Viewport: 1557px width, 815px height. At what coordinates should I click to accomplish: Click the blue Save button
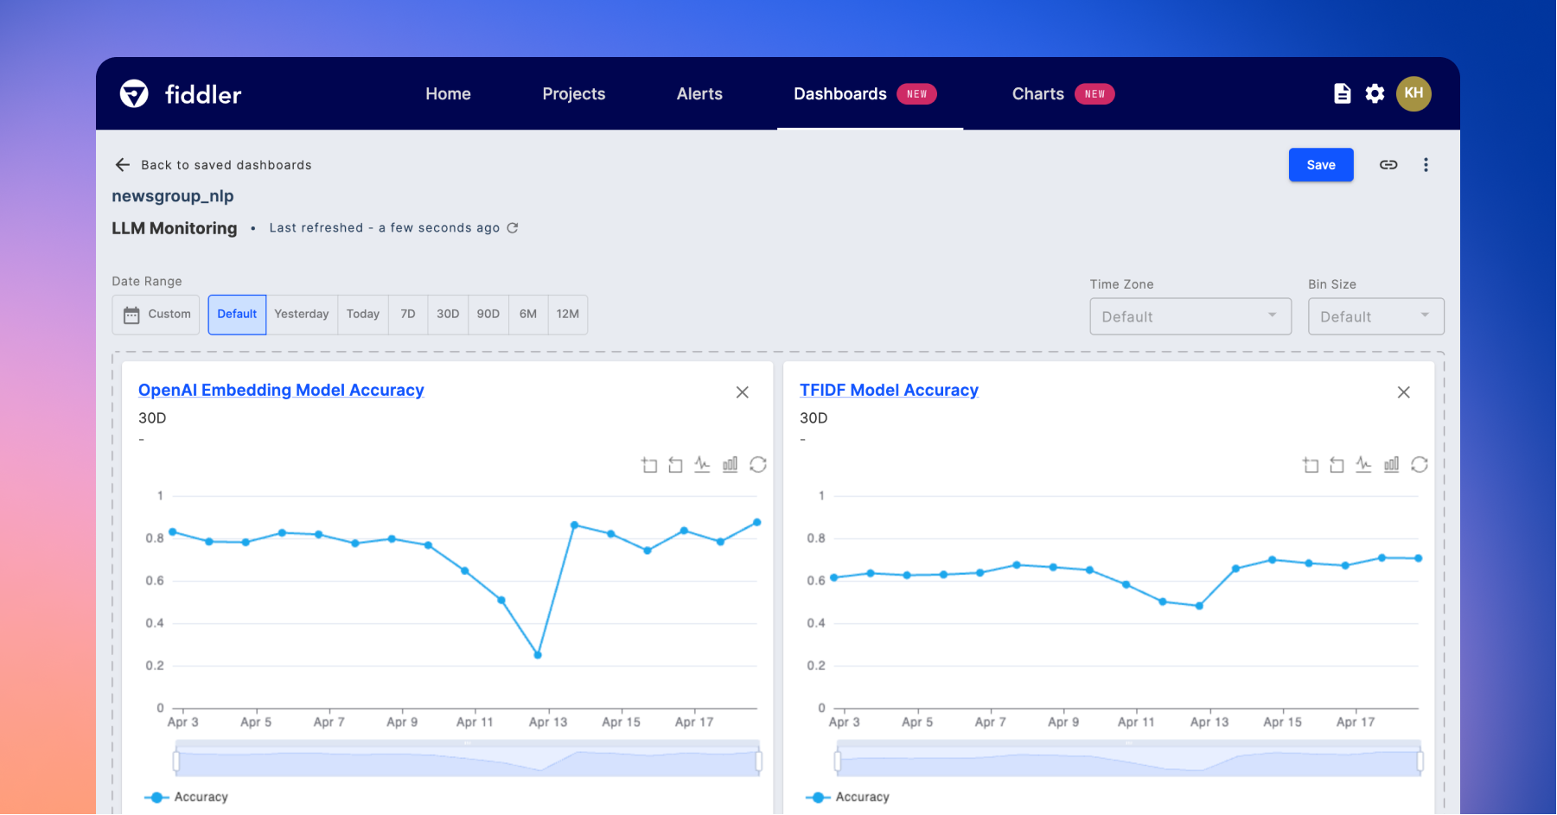[x=1320, y=165]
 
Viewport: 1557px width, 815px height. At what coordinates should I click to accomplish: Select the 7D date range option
[x=408, y=315]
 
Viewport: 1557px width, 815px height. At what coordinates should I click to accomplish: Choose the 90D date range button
[x=488, y=315]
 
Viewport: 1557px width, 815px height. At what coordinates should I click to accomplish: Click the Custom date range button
[x=156, y=315]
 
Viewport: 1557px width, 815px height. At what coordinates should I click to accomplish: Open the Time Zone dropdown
[x=1190, y=317]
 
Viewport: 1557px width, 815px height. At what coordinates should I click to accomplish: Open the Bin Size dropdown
[x=1375, y=317]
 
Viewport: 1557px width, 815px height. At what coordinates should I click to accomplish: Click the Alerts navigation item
[x=699, y=94]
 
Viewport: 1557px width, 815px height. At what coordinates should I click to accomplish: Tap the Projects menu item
[x=573, y=94]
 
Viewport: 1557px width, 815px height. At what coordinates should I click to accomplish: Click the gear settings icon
[x=1375, y=94]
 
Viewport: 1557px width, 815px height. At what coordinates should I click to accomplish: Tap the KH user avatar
[x=1413, y=93]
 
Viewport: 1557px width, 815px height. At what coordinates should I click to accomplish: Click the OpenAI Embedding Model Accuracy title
[x=281, y=391]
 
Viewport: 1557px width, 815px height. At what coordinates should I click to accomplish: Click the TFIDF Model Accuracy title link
[x=889, y=391]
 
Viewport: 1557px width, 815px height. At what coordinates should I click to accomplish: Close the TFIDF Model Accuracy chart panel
[x=1403, y=392]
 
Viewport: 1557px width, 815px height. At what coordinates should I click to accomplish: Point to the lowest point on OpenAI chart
[x=538, y=655]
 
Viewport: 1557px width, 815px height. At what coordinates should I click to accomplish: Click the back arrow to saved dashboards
[x=123, y=165]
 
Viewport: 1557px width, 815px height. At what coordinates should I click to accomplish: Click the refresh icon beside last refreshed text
[x=513, y=228]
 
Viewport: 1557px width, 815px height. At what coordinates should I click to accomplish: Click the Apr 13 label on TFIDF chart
[x=1209, y=723]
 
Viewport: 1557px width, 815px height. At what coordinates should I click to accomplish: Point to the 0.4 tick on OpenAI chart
[x=155, y=623]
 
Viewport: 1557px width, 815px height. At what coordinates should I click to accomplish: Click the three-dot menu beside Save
[x=1426, y=165]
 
